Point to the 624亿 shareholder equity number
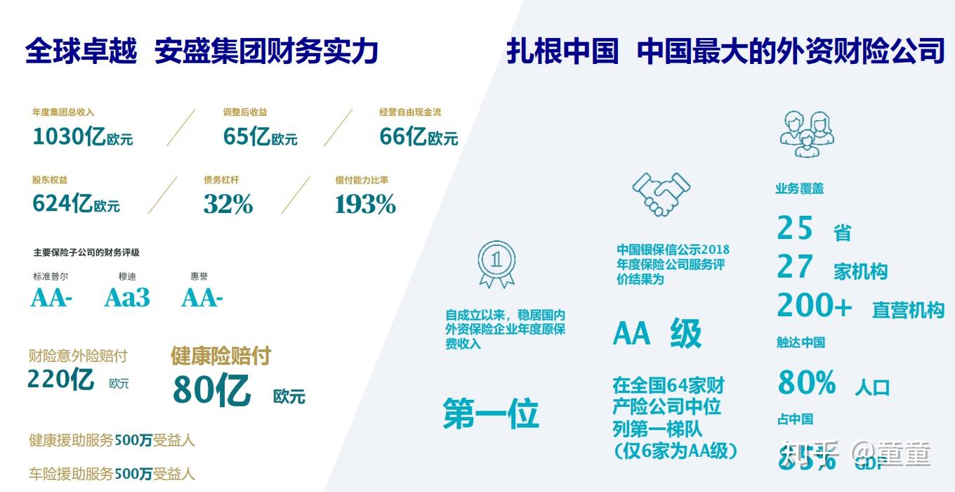pyautogui.click(x=62, y=204)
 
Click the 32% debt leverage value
pyautogui.click(x=228, y=205)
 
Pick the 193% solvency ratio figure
pyautogui.click(x=365, y=205)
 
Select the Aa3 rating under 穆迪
pyautogui.click(x=127, y=298)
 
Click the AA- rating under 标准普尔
pyautogui.click(x=51, y=298)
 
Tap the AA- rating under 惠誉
pyautogui.click(x=202, y=298)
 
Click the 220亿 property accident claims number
pyautogui.click(x=60, y=380)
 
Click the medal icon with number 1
pyautogui.click(x=496, y=263)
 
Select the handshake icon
pyautogui.click(x=661, y=193)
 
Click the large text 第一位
pyautogui.click(x=491, y=413)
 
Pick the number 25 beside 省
pyautogui.click(x=795, y=228)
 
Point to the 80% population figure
pyautogui.click(x=807, y=383)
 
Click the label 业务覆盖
pyautogui.click(x=799, y=188)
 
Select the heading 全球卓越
pyautogui.click(x=81, y=51)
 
